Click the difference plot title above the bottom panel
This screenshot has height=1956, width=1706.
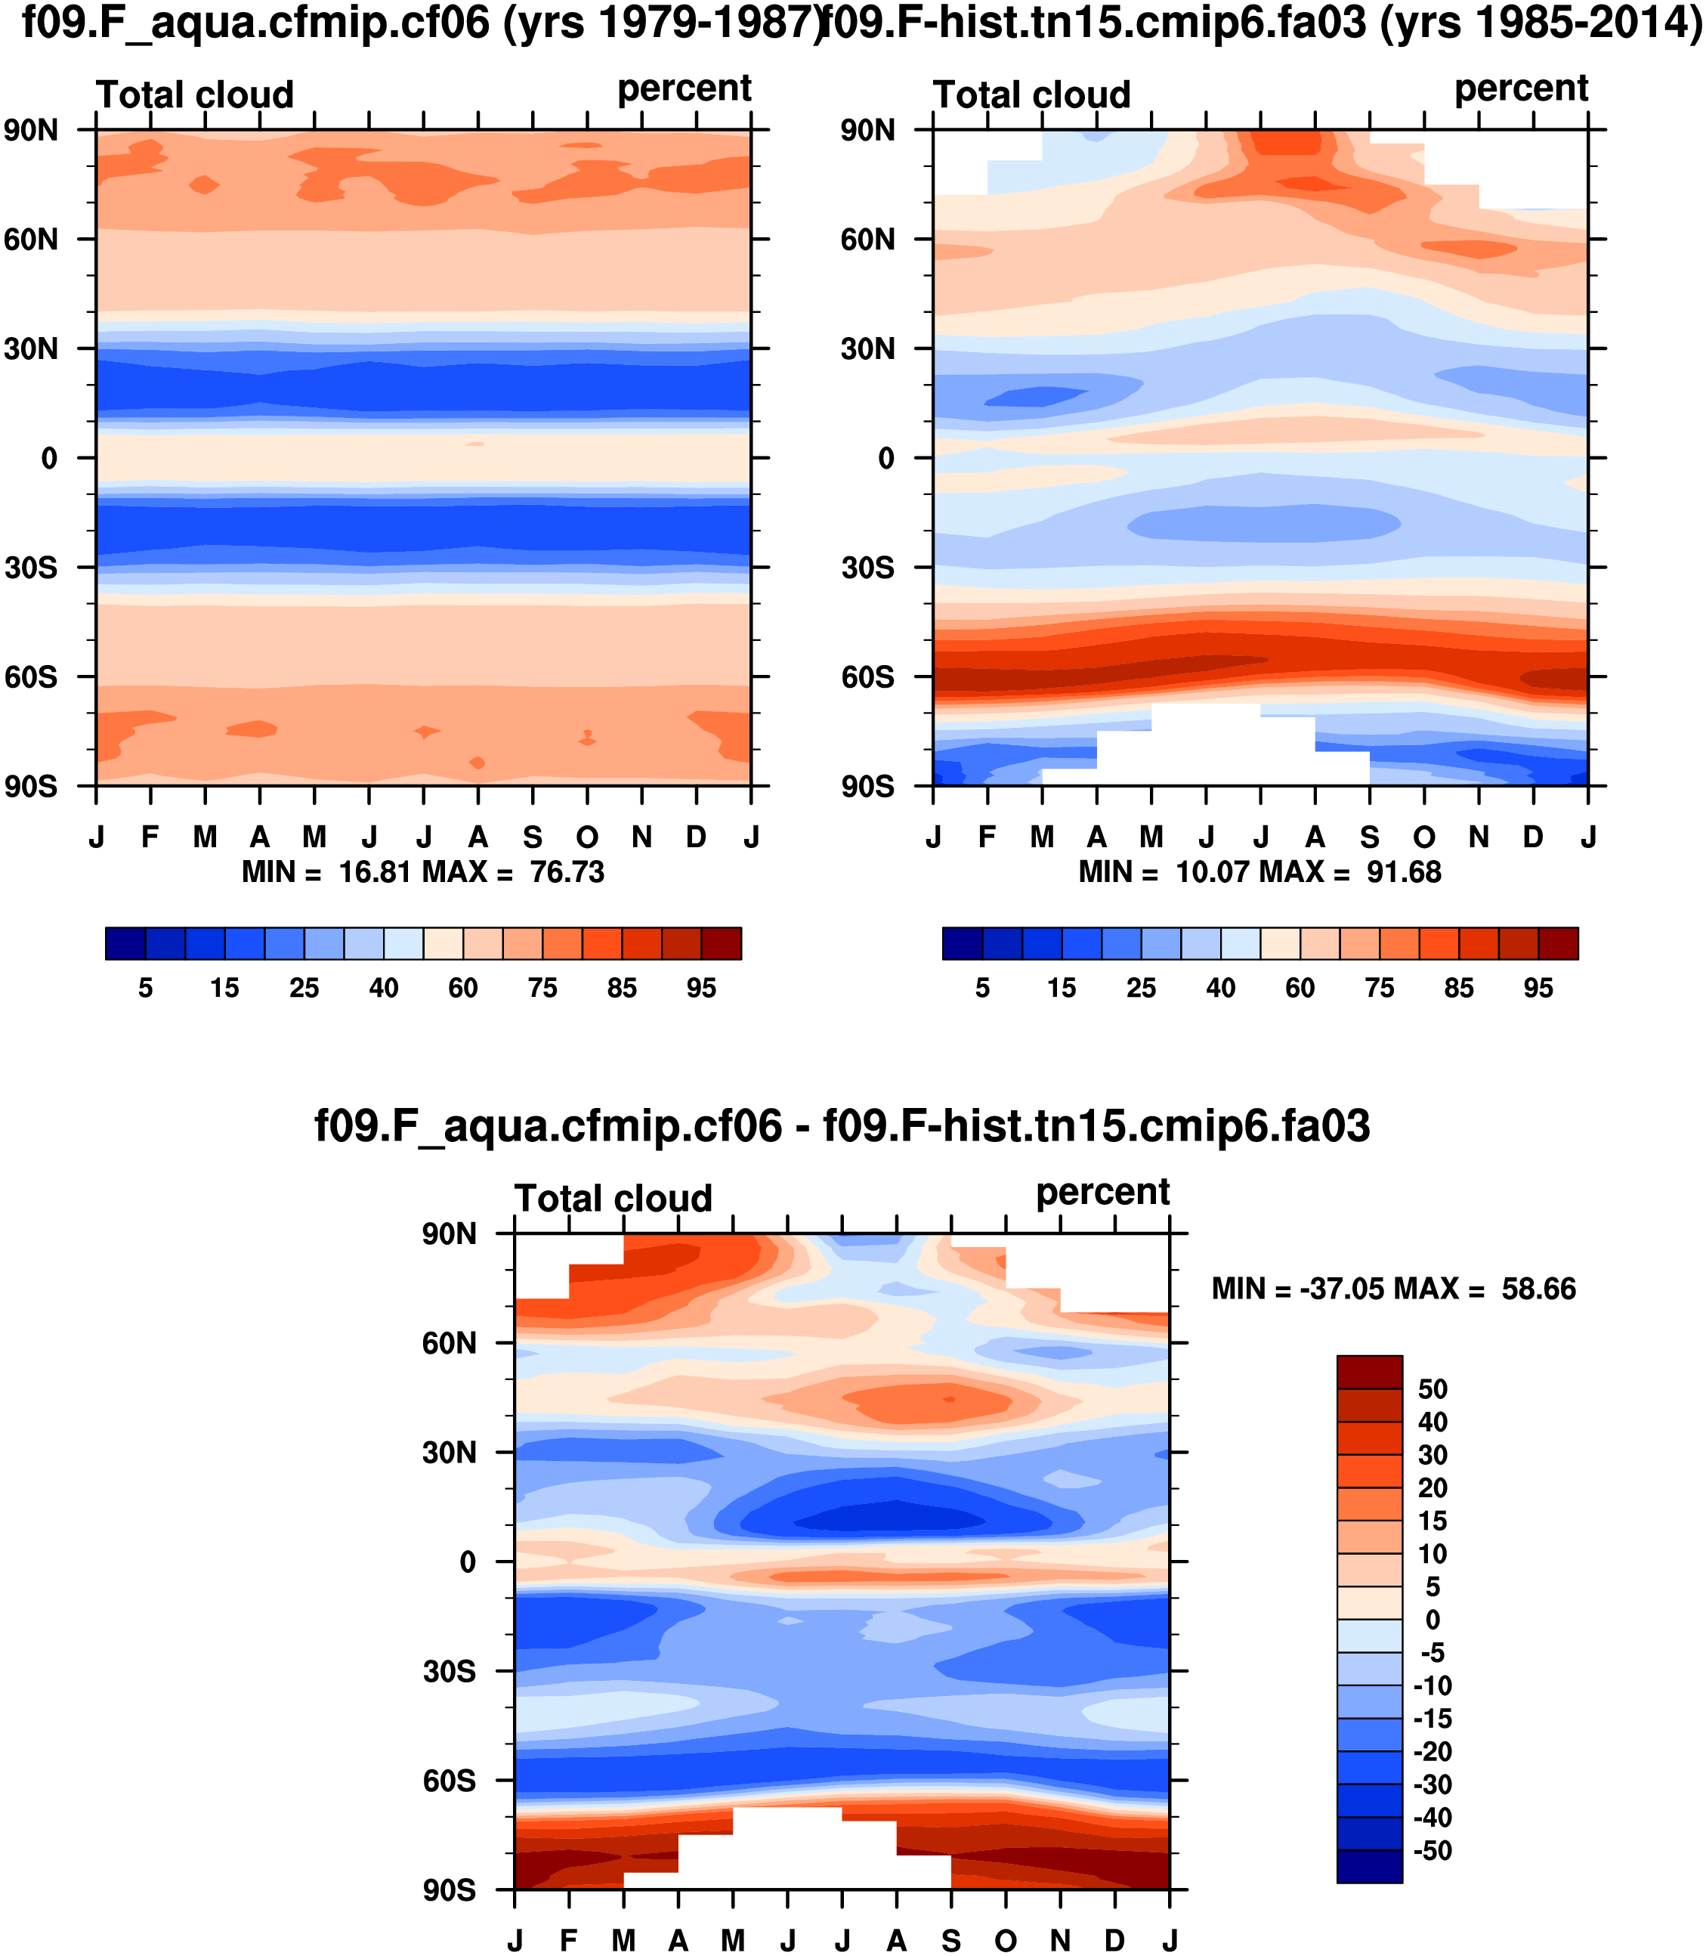point(842,1127)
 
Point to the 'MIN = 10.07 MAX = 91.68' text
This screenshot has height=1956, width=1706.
point(1259,872)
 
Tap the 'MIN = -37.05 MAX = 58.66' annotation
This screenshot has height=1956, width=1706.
point(1394,1289)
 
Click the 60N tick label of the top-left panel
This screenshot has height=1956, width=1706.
point(32,239)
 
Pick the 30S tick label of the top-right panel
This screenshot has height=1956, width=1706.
point(867,568)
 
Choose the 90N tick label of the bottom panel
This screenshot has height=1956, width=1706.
point(450,1235)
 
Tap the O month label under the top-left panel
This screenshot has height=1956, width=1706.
point(587,837)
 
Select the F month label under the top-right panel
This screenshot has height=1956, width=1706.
point(987,837)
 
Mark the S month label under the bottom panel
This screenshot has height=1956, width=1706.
point(951,1941)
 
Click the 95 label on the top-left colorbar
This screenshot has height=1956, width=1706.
point(702,989)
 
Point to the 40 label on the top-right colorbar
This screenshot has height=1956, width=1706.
point(1220,989)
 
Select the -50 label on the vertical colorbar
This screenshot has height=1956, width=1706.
point(1432,1851)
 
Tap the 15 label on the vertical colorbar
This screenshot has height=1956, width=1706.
point(1432,1521)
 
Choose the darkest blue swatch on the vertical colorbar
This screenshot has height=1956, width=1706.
point(1369,1867)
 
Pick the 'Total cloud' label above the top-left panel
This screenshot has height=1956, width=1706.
point(195,95)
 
